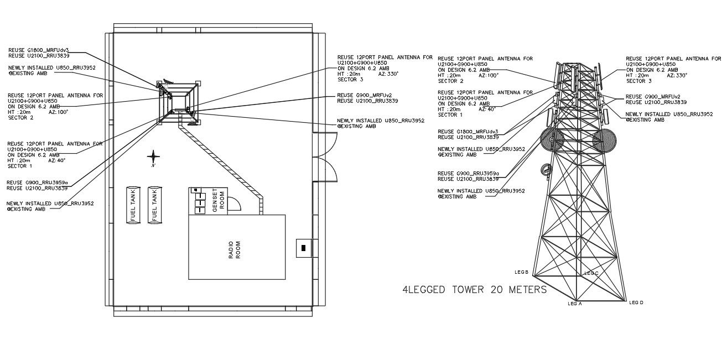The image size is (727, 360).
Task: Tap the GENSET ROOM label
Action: point(219,200)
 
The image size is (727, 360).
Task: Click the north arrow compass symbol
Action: point(154,158)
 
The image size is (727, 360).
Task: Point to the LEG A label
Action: point(575,304)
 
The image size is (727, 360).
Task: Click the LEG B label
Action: point(522,272)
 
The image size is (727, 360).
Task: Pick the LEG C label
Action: point(591,273)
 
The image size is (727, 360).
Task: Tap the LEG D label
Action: point(636,302)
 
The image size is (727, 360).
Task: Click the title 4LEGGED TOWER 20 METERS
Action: point(474,290)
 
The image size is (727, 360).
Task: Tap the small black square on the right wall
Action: point(303,248)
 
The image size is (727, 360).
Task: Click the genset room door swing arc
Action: point(236,204)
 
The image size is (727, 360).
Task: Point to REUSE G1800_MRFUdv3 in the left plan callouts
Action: point(38,50)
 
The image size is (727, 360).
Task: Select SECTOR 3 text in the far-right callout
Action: point(638,81)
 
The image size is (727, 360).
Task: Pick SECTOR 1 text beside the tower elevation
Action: point(450,115)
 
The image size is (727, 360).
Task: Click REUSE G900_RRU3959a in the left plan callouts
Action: point(38,182)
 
